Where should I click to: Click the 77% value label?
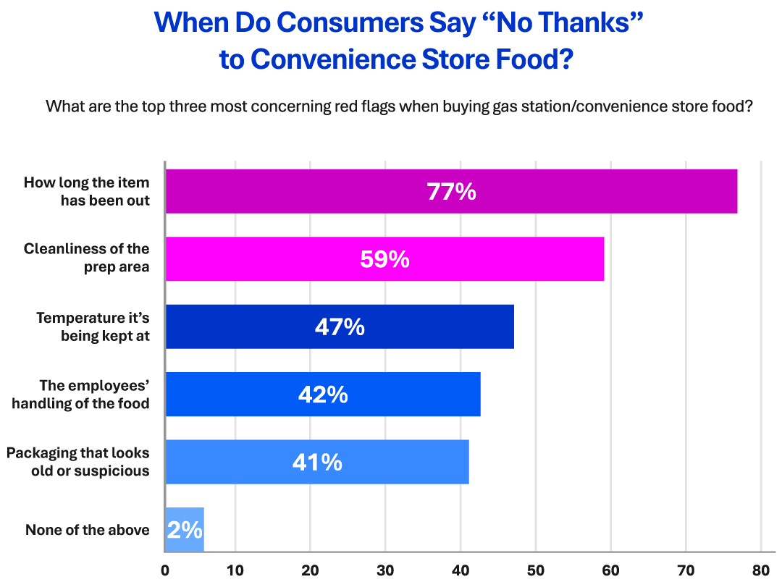(451, 192)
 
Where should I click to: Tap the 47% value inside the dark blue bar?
(340, 327)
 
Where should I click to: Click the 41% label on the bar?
(317, 463)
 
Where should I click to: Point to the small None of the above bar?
(185, 530)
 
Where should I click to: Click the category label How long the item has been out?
(87, 192)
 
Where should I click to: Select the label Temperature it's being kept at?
(93, 327)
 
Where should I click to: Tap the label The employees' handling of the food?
(80, 395)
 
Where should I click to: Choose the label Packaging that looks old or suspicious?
(78, 462)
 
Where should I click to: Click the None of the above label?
(88, 531)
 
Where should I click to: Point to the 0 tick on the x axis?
(165, 570)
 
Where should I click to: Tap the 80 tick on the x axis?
(760, 570)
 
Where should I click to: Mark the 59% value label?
(384, 259)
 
